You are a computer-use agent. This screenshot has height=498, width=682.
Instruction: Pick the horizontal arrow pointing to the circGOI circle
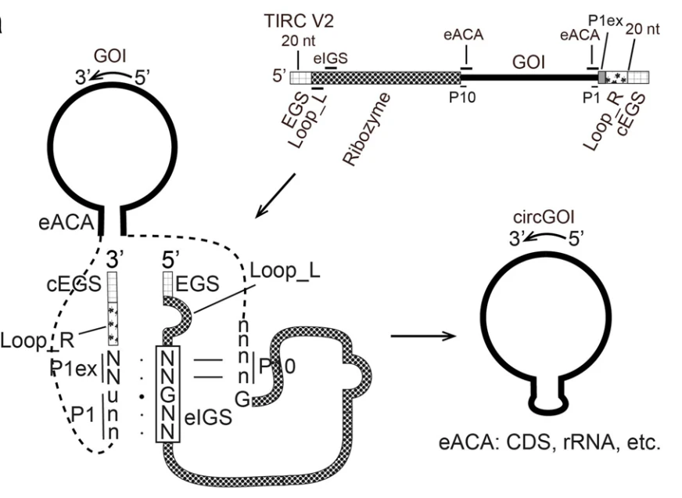coord(422,338)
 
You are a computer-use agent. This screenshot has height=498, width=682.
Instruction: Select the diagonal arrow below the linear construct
coord(276,196)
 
